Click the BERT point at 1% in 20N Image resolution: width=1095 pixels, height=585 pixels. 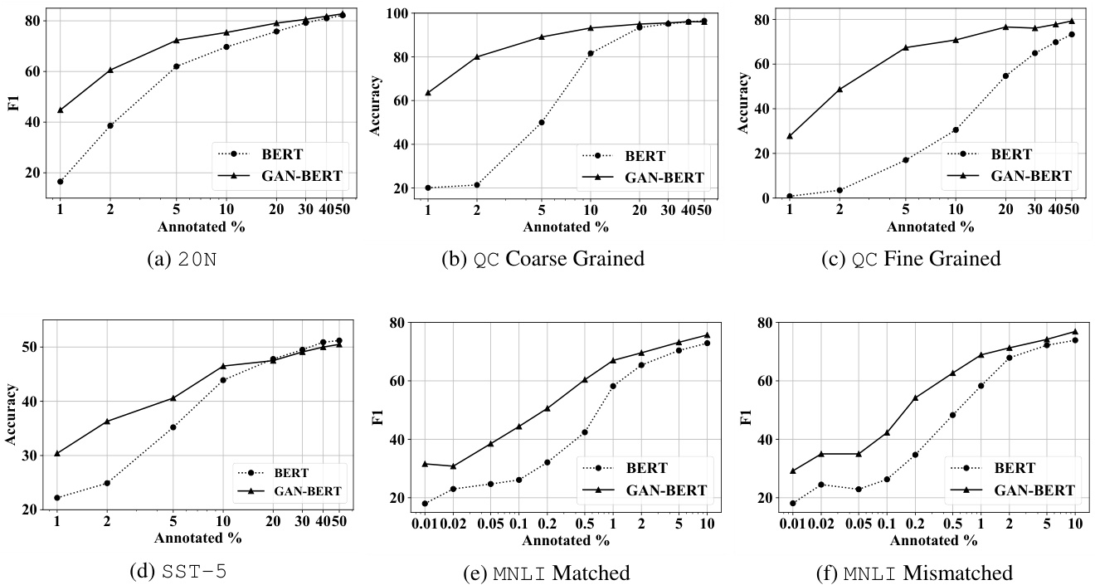tap(61, 181)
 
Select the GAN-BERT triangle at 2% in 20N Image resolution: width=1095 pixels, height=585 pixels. tap(109, 70)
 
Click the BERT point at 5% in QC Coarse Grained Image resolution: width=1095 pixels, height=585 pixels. tap(542, 122)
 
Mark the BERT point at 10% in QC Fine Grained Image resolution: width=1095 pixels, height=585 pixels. tap(956, 129)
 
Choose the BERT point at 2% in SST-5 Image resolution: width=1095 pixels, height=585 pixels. tap(107, 483)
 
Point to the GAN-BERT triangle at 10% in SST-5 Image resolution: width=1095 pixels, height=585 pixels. tap(222, 366)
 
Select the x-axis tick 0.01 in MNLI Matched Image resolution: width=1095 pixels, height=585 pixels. tap(425, 524)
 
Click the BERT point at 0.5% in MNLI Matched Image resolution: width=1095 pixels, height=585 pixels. tap(584, 432)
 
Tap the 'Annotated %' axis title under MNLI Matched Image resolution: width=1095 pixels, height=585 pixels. tap(565, 540)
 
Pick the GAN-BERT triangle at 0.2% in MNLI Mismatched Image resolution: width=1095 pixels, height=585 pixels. tap(915, 397)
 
